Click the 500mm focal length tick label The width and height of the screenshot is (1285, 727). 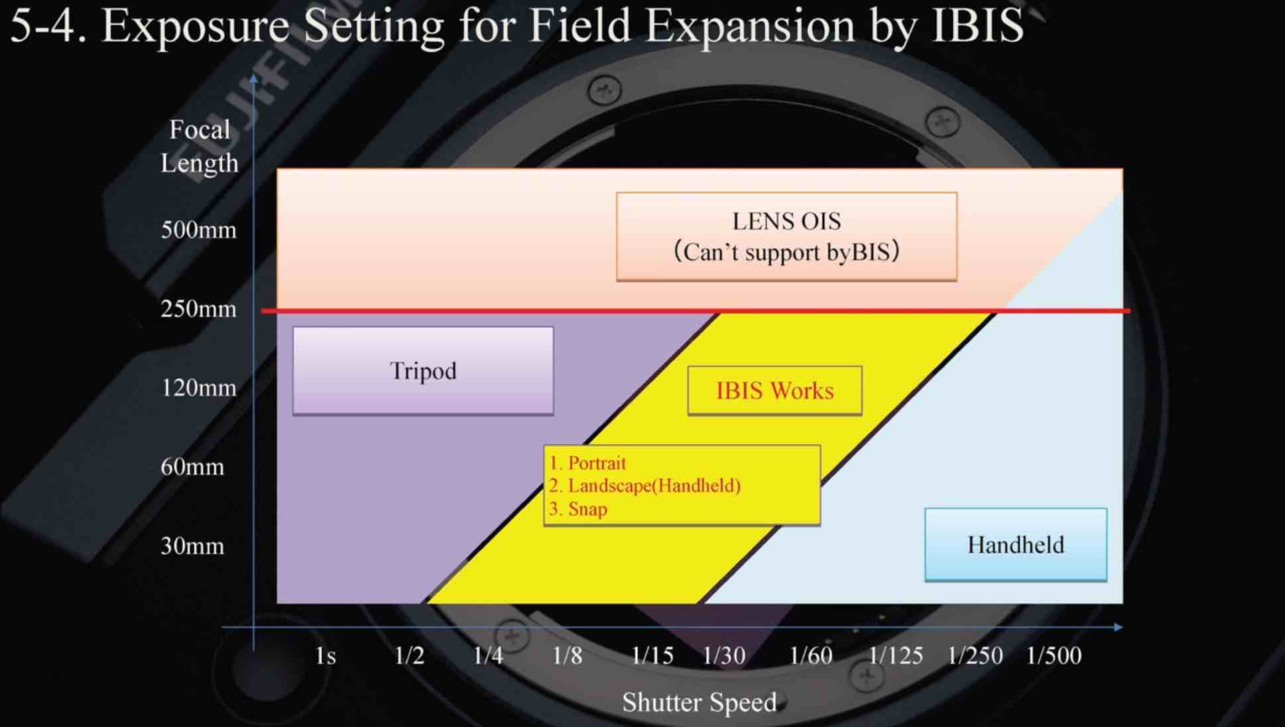pyautogui.click(x=198, y=230)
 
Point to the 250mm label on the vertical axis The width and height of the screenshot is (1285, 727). pyautogui.click(x=198, y=309)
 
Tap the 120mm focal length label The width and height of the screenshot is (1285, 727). pyautogui.click(x=198, y=388)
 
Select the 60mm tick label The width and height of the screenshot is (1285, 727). pyautogui.click(x=192, y=467)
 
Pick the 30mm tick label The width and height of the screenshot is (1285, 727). pyautogui.click(x=192, y=546)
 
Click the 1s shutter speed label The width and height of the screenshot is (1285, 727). pyautogui.click(x=326, y=656)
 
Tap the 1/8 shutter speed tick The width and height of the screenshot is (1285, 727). pyautogui.click(x=567, y=656)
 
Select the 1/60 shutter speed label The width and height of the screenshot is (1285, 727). pyautogui.click(x=811, y=656)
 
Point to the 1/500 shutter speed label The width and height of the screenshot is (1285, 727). pyautogui.click(x=1054, y=656)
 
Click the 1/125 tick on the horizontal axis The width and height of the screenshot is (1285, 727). pyautogui.click(x=896, y=656)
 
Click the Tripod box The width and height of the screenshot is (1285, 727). pyautogui.click(x=423, y=371)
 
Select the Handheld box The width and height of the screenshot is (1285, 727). pyautogui.click(x=1016, y=545)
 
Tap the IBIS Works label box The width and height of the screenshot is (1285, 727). pyautogui.click(x=775, y=391)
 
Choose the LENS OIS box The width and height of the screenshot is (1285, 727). pyautogui.click(x=787, y=237)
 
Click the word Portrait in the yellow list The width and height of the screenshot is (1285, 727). pyautogui.click(x=597, y=463)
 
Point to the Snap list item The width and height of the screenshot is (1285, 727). pyautogui.click(x=578, y=509)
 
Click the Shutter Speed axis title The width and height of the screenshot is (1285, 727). pyautogui.click(x=700, y=702)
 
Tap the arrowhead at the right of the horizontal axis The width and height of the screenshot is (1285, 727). pyautogui.click(x=1119, y=627)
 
